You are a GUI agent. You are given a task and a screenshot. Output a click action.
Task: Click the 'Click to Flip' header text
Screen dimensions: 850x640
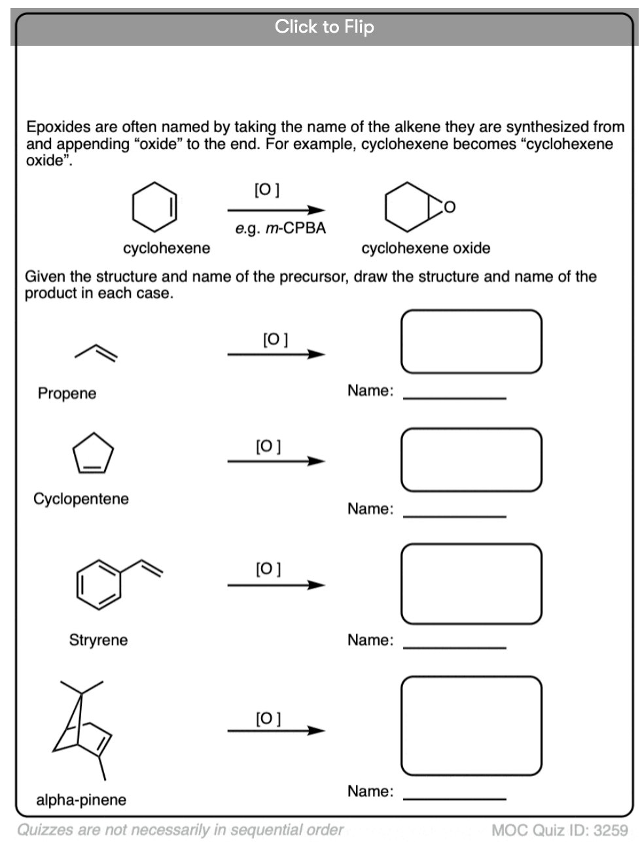pyautogui.click(x=324, y=27)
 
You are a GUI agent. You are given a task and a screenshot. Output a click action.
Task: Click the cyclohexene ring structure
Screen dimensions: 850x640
pyautogui.click(x=154, y=207)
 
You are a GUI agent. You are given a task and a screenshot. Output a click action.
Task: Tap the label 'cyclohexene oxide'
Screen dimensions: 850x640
pyautogui.click(x=425, y=248)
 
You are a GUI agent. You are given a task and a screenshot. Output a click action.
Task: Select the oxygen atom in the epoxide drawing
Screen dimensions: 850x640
pyautogui.click(x=449, y=208)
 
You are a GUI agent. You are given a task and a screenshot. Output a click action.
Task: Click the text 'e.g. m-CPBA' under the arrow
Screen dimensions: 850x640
pyautogui.click(x=280, y=228)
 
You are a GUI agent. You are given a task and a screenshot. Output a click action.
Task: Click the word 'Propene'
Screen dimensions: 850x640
pyautogui.click(x=67, y=394)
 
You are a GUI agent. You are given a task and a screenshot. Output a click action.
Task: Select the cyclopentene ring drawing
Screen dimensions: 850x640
pyautogui.click(x=92, y=453)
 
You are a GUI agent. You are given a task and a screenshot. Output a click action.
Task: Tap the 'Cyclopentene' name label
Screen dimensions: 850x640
pyautogui.click(x=81, y=499)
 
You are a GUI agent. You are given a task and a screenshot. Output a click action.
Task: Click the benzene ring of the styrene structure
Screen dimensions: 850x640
pyautogui.click(x=98, y=584)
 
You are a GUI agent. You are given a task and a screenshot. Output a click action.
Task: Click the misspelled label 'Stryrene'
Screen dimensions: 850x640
pyautogui.click(x=98, y=640)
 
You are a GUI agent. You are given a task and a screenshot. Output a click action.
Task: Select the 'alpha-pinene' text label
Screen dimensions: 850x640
pyautogui.click(x=81, y=800)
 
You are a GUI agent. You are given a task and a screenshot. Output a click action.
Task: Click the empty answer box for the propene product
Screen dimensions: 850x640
pyautogui.click(x=471, y=341)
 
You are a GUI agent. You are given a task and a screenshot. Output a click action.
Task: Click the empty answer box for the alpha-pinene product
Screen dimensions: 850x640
pyautogui.click(x=471, y=726)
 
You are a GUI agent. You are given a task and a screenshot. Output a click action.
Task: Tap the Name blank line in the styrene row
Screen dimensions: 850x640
pyautogui.click(x=455, y=646)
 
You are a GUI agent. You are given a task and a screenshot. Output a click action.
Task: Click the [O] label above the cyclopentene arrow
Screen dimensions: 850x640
pyautogui.click(x=268, y=447)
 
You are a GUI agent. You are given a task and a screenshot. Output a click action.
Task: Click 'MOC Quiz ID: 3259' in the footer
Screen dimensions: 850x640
pyautogui.click(x=560, y=830)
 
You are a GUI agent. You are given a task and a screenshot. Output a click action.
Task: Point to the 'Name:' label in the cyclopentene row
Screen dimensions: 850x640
pyautogui.click(x=370, y=509)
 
